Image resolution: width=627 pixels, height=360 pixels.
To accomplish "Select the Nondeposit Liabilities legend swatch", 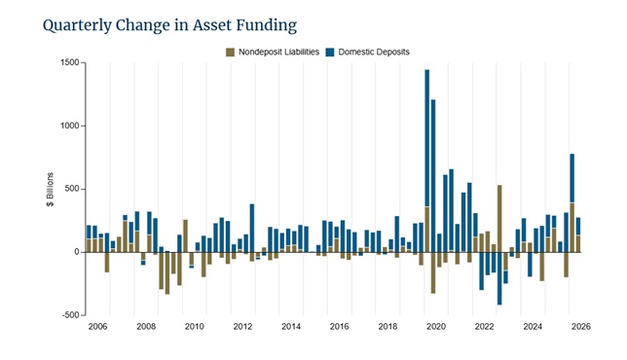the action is [x=231, y=53].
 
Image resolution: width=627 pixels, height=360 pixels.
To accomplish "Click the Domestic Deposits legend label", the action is [x=374, y=52].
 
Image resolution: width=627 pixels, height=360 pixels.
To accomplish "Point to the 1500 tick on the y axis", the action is [x=70, y=62].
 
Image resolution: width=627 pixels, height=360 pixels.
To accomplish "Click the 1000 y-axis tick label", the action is [x=70, y=126].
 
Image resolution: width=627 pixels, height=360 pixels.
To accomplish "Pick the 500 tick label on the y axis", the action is [x=72, y=189].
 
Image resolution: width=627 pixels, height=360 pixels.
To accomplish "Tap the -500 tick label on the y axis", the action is [x=71, y=315].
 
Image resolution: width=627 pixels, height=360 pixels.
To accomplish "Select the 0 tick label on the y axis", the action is [x=77, y=252].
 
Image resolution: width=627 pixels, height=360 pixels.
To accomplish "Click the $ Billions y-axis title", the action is [x=50, y=190].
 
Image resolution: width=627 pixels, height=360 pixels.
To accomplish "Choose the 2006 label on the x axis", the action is [x=98, y=327].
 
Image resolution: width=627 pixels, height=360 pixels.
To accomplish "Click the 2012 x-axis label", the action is [x=242, y=327].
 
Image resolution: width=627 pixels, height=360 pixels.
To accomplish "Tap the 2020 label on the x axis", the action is [x=436, y=327].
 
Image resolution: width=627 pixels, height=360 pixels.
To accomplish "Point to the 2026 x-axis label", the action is [x=581, y=327].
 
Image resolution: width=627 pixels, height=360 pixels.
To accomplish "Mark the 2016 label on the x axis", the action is [x=340, y=327].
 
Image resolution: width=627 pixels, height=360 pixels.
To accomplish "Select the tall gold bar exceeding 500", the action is [x=499, y=219].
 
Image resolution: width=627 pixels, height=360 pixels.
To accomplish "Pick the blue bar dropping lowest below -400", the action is [x=499, y=278].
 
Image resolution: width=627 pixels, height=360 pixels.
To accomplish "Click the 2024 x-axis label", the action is [x=533, y=327].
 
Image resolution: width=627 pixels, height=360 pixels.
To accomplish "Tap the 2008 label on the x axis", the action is [x=146, y=327].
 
